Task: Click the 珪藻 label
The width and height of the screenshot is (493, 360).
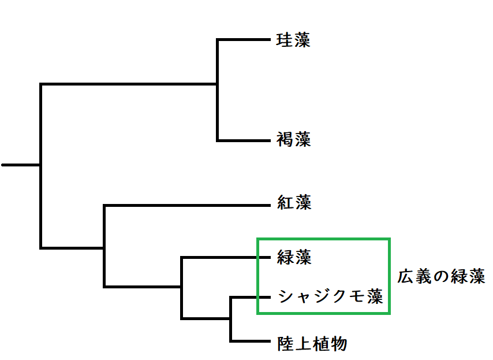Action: point(293,40)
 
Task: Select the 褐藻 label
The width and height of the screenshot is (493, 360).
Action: point(294,139)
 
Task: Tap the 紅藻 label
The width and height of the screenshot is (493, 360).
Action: point(294,202)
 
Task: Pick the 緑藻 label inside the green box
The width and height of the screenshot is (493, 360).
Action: point(294,257)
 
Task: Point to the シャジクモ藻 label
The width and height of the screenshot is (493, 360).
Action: point(331,296)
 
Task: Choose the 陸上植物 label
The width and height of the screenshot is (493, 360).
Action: point(312,344)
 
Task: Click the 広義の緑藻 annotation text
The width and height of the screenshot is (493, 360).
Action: point(442,277)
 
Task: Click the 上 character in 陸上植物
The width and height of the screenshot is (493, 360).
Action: point(304,344)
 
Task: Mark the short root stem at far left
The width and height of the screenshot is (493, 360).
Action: point(21,165)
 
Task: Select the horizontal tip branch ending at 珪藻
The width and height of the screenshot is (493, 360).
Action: point(244,40)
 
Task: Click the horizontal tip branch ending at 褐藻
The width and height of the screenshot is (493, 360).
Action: point(244,140)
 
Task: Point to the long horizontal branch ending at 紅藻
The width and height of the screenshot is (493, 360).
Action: point(187,206)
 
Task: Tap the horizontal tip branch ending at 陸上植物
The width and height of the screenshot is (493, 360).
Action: point(251,341)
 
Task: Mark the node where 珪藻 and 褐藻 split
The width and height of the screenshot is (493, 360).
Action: point(217,84)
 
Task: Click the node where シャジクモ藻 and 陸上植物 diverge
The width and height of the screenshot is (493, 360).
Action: point(231,319)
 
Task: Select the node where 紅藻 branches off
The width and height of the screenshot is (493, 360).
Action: point(104,248)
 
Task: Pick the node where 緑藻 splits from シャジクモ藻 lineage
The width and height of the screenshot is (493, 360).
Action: point(182,287)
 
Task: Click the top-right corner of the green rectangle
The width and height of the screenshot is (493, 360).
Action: point(390,239)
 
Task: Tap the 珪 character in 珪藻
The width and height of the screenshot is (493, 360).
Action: point(285,40)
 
